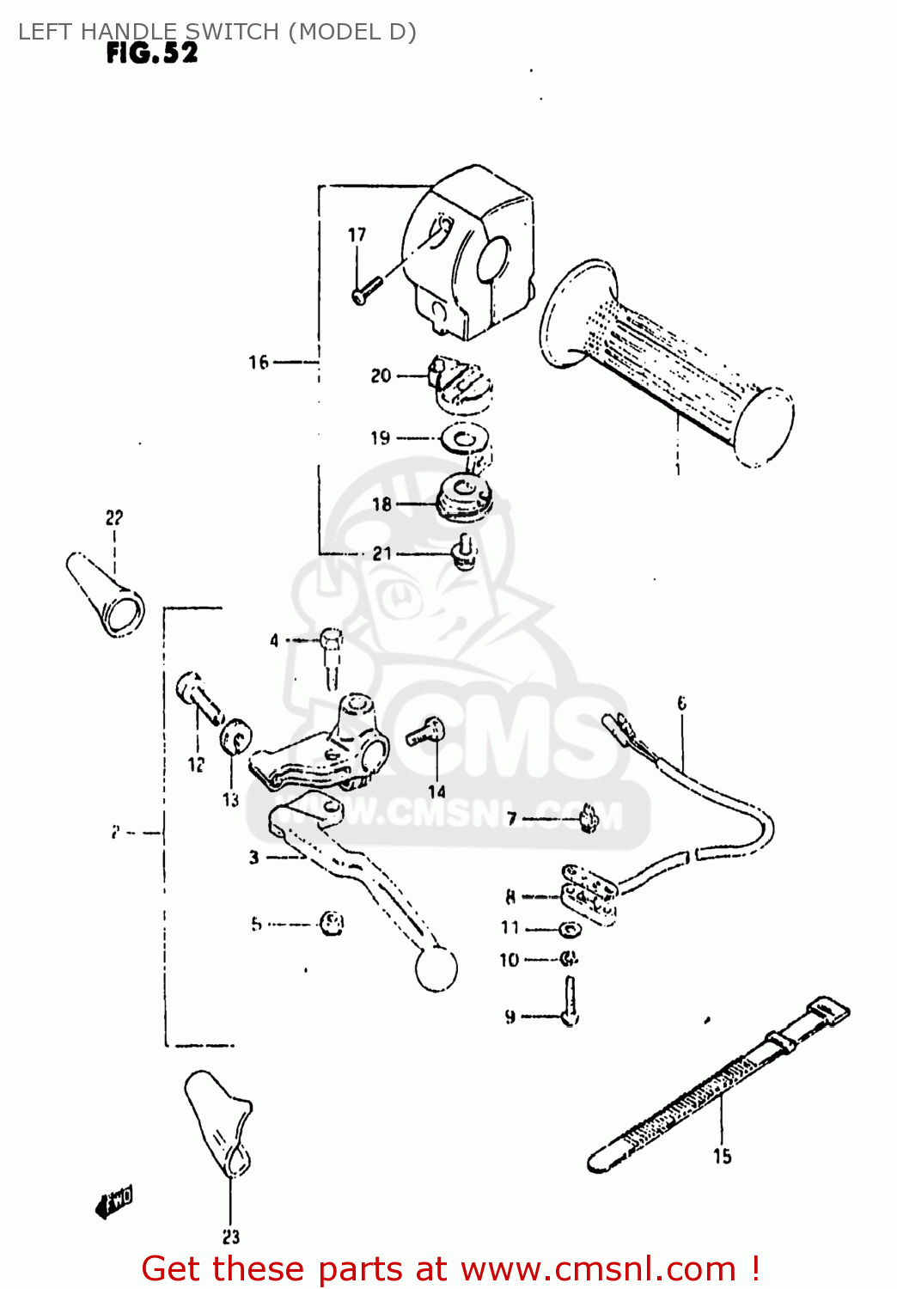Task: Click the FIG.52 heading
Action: (x=152, y=53)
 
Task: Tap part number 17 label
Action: (x=357, y=235)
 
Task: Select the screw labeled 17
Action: (x=364, y=290)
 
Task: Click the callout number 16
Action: (x=259, y=363)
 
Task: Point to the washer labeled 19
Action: (x=466, y=440)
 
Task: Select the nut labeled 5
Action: (x=331, y=924)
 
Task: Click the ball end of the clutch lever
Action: (x=436, y=968)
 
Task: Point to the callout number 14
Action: (x=437, y=791)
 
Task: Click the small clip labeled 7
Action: (x=589, y=817)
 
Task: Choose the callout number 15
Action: (x=722, y=1157)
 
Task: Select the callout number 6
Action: (x=682, y=704)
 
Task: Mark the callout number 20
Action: (x=381, y=376)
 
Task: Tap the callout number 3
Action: (x=253, y=857)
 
